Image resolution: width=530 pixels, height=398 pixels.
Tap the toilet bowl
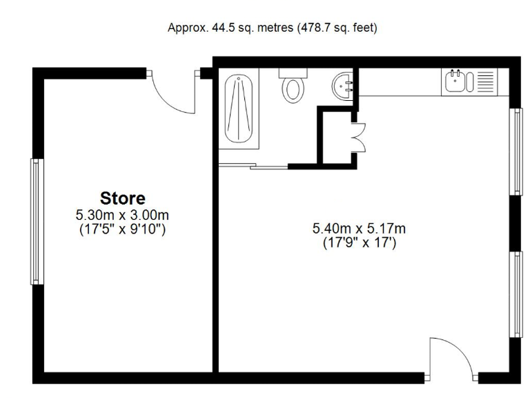point(293,89)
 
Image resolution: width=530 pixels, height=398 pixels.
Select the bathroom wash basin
point(343,87)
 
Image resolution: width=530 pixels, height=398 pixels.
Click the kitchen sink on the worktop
point(455,81)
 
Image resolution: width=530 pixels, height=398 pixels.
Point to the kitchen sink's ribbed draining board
point(486,81)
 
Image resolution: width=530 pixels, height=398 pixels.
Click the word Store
point(123,198)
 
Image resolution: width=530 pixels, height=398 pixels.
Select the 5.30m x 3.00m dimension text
point(123,215)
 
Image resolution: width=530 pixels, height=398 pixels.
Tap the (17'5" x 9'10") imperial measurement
point(123,229)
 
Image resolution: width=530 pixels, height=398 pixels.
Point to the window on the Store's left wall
point(35,221)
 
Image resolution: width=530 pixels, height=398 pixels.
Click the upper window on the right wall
point(515,151)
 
